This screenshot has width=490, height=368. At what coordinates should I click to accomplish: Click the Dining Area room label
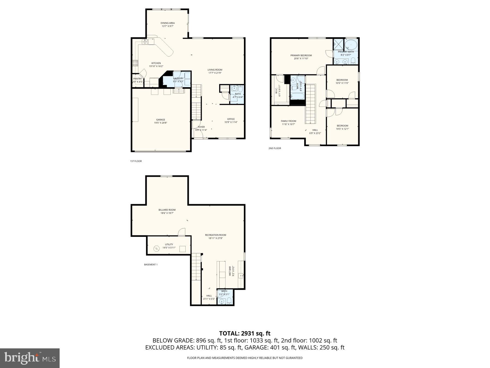pyautogui.click(x=167, y=23)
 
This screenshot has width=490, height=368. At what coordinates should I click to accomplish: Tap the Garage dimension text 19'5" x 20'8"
pyautogui.click(x=161, y=123)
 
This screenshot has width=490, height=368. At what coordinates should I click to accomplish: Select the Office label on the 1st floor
pyautogui.click(x=231, y=119)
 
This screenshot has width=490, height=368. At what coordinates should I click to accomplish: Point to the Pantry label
pyautogui.click(x=137, y=79)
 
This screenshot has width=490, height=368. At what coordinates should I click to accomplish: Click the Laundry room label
pyautogui.click(x=178, y=78)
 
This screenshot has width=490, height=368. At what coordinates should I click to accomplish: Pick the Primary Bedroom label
pyautogui.click(x=301, y=55)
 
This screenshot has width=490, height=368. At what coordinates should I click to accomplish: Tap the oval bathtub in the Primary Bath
pyautogui.click(x=351, y=44)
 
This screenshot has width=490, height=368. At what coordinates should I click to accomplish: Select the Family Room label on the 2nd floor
pyautogui.click(x=288, y=121)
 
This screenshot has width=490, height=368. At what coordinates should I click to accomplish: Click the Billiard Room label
pyautogui.click(x=167, y=210)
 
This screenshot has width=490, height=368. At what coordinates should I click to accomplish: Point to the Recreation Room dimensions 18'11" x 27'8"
pyautogui.click(x=216, y=238)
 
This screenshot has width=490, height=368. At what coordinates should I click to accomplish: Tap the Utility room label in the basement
pyautogui.click(x=169, y=244)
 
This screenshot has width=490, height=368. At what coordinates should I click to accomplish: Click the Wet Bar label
pyautogui.click(x=230, y=271)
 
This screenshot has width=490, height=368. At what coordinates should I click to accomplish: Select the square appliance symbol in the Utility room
pyautogui.click(x=183, y=249)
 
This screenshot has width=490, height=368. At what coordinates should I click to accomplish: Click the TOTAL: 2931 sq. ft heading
pyautogui.click(x=245, y=333)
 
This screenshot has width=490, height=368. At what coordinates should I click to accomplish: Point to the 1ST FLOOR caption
pyautogui.click(x=136, y=161)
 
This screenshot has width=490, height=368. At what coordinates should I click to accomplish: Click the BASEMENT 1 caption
pyautogui.click(x=151, y=264)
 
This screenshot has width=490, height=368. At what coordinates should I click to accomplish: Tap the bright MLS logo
pyautogui.click(x=30, y=358)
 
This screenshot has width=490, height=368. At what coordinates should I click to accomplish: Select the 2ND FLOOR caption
pyautogui.click(x=275, y=148)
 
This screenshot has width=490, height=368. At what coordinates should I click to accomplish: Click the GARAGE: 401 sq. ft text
pyautogui.click(x=270, y=348)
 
